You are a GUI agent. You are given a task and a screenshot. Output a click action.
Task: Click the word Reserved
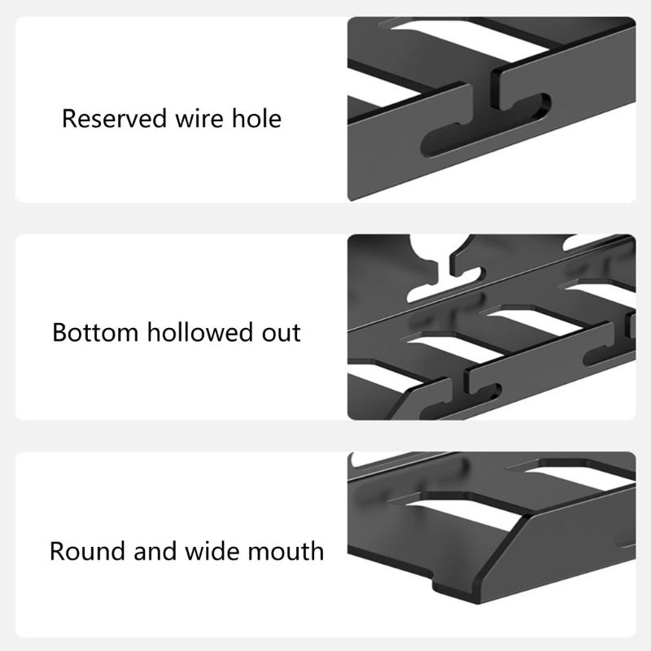point(114,119)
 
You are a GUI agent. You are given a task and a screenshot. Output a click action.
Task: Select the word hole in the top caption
point(254,119)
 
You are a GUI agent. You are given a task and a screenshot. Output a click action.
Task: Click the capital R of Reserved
point(68,119)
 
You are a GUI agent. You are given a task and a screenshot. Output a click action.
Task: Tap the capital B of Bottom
point(59,333)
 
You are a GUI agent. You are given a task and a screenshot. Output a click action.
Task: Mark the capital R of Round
point(57,551)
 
